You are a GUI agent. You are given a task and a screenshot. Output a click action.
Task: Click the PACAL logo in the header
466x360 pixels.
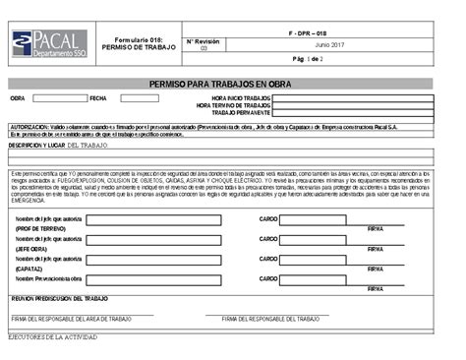(47, 42)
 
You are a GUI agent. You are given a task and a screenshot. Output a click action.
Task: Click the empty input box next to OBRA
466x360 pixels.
(60, 98)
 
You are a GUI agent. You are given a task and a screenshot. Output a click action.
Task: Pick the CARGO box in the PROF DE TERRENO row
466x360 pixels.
(313, 219)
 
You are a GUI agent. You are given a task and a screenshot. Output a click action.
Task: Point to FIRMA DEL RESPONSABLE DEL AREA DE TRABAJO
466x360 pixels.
(71, 319)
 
